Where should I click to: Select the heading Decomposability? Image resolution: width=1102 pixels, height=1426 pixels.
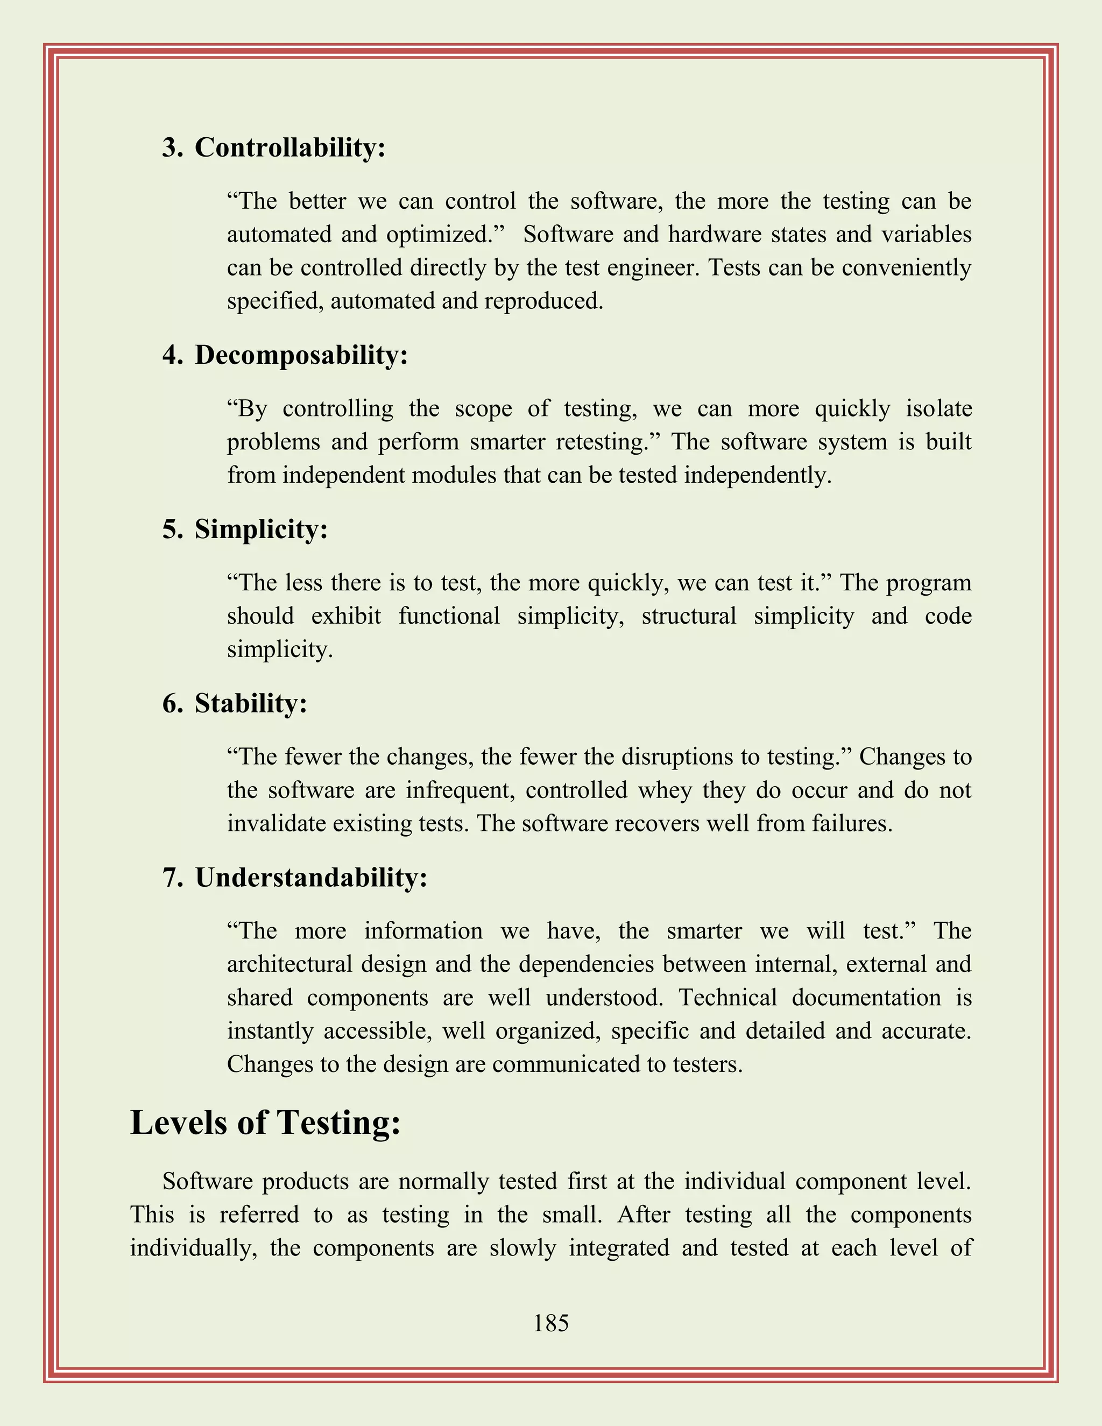(301, 355)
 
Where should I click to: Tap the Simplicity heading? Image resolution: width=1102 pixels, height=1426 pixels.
(260, 529)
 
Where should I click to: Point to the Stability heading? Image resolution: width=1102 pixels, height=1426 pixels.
(251, 703)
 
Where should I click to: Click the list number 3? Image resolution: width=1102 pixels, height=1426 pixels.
(172, 147)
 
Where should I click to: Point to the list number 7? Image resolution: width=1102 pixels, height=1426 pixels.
(172, 878)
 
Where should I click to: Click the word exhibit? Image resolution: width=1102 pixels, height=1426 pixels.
(346, 616)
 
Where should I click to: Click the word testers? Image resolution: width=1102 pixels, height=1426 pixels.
(710, 1064)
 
